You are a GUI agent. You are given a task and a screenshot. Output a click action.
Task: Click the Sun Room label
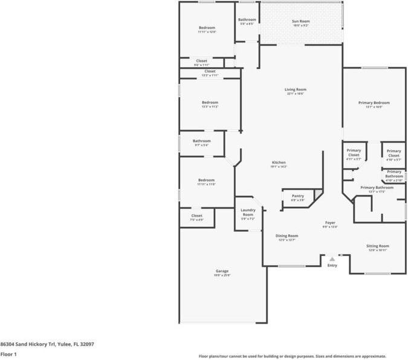point(300,21)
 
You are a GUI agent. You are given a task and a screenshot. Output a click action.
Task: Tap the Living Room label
point(295,90)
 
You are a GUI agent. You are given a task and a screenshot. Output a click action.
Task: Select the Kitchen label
point(278,163)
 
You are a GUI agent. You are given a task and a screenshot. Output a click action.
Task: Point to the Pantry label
point(298,196)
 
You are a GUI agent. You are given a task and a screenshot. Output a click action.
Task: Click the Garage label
point(222,271)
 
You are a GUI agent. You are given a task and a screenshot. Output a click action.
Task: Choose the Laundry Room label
point(248,213)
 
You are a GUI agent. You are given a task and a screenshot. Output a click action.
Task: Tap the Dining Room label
point(287,235)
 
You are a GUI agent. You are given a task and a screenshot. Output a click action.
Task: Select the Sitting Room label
point(377,246)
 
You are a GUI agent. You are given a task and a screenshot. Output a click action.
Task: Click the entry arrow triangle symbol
point(332,259)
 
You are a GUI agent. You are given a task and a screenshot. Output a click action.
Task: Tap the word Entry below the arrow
point(332,266)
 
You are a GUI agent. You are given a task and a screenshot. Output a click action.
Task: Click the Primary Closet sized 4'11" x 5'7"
point(354,153)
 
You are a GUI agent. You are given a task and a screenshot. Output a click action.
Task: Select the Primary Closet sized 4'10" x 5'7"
point(393,153)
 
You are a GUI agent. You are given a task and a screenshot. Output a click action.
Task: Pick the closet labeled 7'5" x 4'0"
point(197,217)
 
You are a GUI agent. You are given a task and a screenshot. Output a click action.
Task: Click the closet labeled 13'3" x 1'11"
point(209,73)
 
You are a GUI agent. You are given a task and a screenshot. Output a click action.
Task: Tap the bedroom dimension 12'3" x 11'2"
point(210,106)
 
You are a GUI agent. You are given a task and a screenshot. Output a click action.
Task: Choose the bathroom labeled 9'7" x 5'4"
point(201,143)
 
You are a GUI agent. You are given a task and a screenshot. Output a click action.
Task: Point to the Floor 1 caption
point(8,354)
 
